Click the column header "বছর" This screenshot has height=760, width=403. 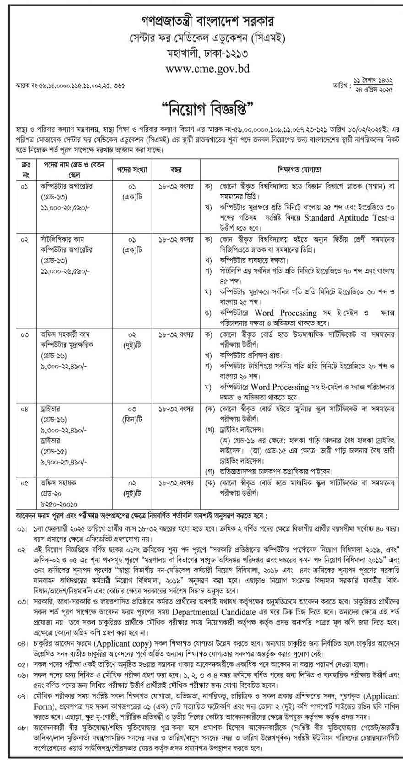point(176,170)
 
